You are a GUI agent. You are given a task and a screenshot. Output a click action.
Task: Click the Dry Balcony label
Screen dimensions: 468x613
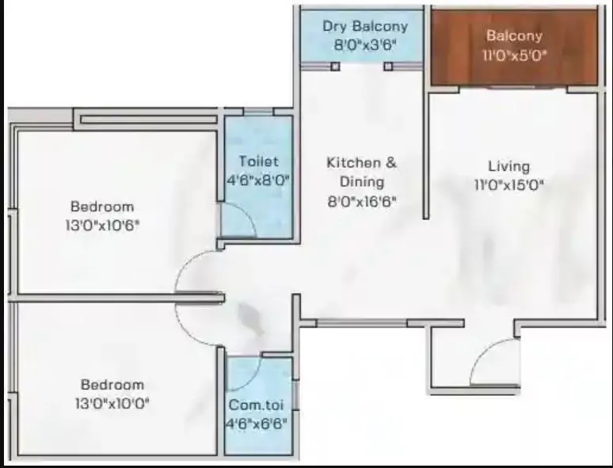pos(365,27)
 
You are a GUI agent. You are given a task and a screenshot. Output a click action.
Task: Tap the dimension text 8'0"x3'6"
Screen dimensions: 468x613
pos(365,45)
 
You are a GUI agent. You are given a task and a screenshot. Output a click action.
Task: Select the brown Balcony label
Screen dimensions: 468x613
pos(514,36)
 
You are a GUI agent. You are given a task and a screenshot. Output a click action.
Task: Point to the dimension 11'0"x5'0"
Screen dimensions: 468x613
pos(514,55)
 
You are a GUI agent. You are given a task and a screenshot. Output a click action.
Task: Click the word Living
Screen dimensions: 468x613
pos(508,166)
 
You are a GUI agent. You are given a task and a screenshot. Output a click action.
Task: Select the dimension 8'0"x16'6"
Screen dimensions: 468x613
pos(362,202)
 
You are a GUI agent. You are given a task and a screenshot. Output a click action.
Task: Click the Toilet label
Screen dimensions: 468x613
pos(258,162)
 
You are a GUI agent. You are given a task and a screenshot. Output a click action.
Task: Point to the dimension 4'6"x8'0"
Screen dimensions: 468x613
pos(258,180)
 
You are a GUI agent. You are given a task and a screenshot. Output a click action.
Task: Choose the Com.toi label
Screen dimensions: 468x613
pos(257,405)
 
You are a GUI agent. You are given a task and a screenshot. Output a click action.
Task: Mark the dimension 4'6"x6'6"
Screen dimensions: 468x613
pos(257,423)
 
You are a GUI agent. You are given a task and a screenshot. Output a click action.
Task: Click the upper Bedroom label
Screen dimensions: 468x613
pos(101,207)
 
